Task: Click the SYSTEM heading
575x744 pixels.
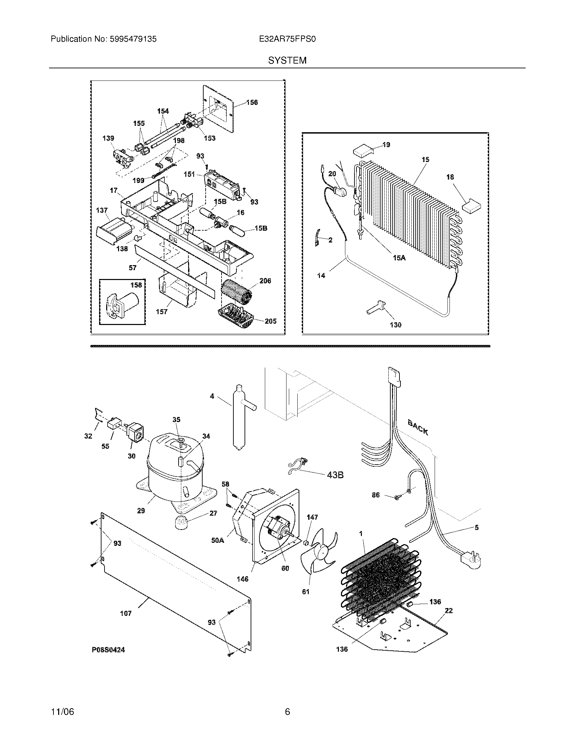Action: (287, 60)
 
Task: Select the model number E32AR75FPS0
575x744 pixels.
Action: (287, 39)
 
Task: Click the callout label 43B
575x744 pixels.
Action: (335, 474)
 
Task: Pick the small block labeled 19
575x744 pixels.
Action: (362, 150)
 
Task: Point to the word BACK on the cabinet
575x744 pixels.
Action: (418, 427)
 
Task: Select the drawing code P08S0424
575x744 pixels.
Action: (108, 650)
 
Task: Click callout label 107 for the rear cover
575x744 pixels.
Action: (126, 613)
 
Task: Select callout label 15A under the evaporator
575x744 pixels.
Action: (399, 258)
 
